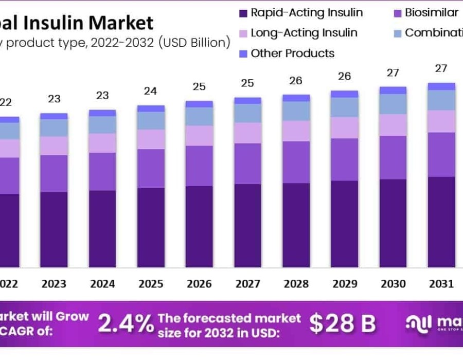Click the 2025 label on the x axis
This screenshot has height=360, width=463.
point(150,284)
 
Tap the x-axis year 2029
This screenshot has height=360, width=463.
point(344,284)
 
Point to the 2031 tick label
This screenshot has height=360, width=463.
point(441,284)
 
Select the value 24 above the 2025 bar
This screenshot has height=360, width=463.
point(150,91)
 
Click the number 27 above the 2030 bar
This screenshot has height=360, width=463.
point(393,73)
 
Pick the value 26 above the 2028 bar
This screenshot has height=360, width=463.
point(296,81)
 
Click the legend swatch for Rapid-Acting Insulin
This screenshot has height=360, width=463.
point(242,13)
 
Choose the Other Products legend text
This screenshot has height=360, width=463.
point(292,53)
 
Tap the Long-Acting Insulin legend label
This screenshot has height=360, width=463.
point(304,33)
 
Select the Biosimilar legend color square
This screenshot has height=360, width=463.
point(397,13)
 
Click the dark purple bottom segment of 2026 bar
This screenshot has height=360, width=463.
point(199,226)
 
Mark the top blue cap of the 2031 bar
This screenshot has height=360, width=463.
point(441,86)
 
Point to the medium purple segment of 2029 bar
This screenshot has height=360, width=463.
point(344,159)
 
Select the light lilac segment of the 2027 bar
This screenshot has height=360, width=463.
point(247,133)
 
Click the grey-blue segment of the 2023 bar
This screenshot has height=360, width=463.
point(54,128)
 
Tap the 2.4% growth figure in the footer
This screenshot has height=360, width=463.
point(126,323)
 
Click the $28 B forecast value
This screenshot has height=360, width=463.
point(342,323)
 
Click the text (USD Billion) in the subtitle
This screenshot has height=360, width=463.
point(195,43)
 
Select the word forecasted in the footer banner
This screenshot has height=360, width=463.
point(234,318)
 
